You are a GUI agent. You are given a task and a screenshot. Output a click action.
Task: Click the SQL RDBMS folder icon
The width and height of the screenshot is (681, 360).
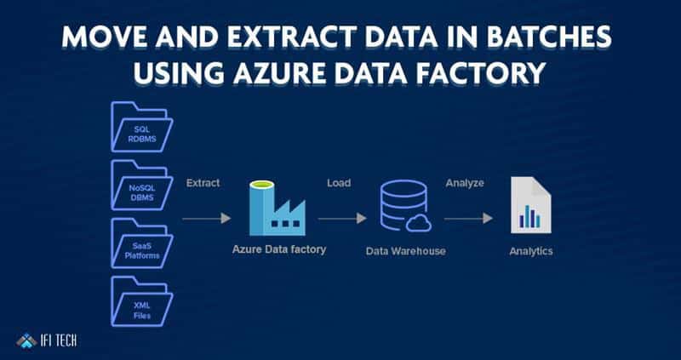142,127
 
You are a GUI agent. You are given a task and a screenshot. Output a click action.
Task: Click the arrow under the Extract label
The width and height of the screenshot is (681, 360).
206,218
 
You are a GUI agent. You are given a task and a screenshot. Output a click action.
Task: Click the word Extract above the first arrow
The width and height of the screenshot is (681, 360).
204,183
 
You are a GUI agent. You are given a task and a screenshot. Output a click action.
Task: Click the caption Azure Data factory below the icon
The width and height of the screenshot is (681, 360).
279,250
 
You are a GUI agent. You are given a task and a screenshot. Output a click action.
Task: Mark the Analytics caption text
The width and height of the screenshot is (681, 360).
530,251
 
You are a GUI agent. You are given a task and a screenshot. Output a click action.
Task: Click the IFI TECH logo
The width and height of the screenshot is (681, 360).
49,340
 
